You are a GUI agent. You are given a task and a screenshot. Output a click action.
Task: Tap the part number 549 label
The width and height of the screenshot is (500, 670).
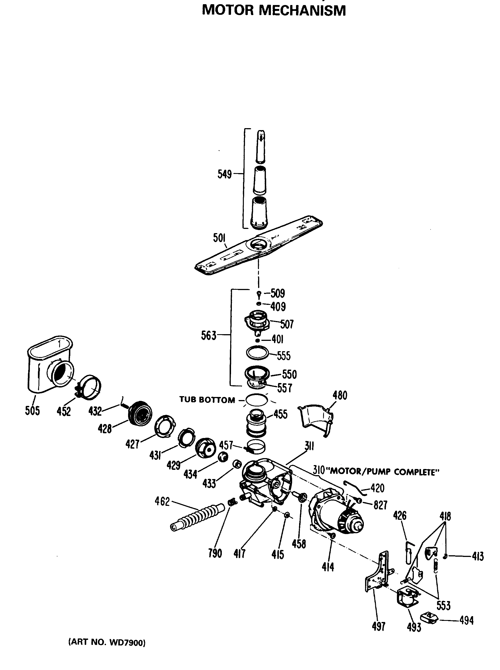tap(224, 174)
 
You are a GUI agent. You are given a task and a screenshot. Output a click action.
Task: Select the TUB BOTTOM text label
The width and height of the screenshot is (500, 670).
tap(207, 400)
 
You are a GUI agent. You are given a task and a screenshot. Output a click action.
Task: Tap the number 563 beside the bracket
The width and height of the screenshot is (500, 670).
tap(208, 336)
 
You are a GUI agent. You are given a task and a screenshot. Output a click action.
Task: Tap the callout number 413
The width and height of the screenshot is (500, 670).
tap(478, 556)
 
